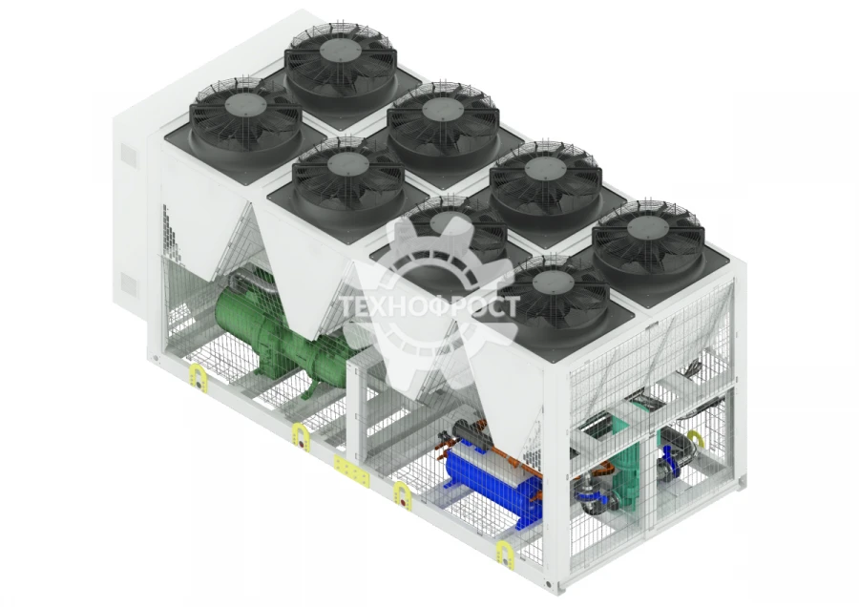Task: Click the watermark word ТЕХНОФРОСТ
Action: [x=430, y=306]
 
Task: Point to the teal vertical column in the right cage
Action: [x=626, y=463]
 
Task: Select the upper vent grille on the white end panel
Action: [x=128, y=155]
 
